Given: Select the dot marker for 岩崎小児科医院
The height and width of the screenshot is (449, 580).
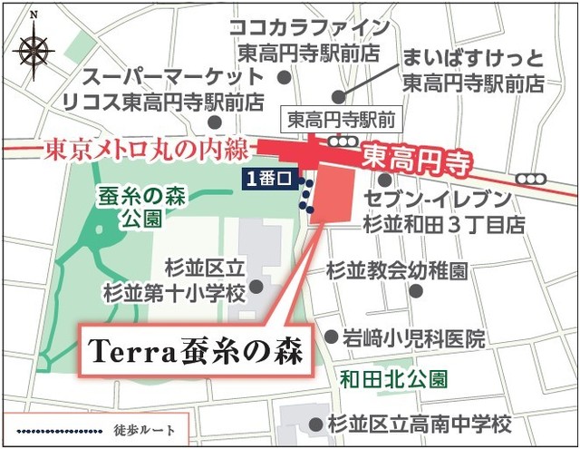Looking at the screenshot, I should click(x=330, y=336).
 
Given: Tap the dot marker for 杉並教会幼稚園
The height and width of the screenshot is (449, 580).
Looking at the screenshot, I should click(x=416, y=291).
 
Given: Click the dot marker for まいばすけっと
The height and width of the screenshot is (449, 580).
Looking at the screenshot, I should click(x=338, y=95).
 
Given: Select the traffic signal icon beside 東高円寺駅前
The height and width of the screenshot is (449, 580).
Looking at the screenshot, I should click(x=342, y=142).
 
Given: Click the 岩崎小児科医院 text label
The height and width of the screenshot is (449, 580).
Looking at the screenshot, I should click(x=413, y=338).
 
